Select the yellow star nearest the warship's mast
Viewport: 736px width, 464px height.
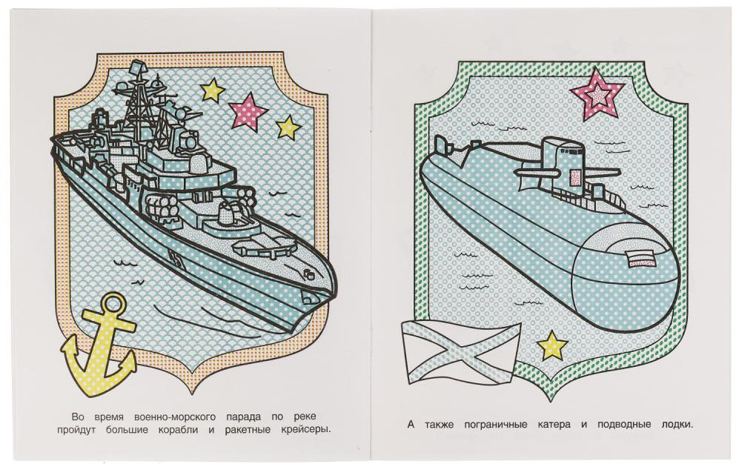[x=212, y=90]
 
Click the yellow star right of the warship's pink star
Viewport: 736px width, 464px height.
[x=288, y=127]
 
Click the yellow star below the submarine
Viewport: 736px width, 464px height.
[x=552, y=345]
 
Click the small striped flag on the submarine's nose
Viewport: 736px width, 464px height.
[x=641, y=259]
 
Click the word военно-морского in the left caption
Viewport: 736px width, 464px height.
[x=175, y=417]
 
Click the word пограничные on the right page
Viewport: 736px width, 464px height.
[x=494, y=425]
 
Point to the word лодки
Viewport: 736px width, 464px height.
[x=676, y=425]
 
